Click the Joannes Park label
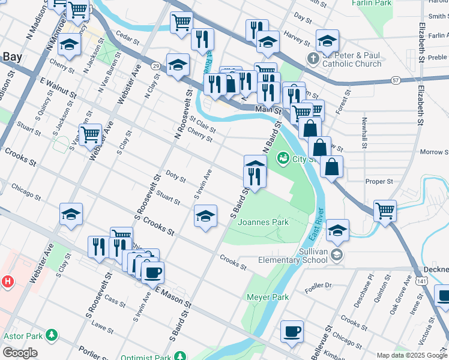tap(263, 222)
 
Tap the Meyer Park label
tap(268, 297)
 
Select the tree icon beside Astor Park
tap(53, 334)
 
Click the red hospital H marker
tap(7, 281)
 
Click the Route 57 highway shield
tap(394, 79)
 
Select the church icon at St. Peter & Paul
tap(312, 59)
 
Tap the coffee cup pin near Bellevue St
tap(292, 331)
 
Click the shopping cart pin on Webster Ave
tap(90, 134)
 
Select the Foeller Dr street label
tap(318, 286)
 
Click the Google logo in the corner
tap(19, 353)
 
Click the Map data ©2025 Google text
tap(411, 355)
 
